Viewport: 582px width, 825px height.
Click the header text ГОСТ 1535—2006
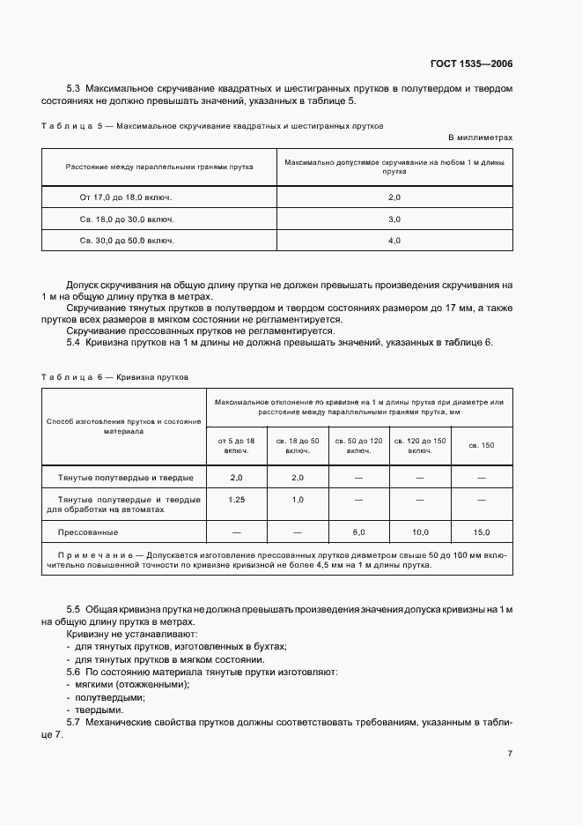click(x=470, y=64)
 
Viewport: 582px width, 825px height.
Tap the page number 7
click(x=510, y=754)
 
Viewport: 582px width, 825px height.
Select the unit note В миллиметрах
click(x=480, y=138)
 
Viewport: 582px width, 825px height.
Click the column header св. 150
click(x=481, y=445)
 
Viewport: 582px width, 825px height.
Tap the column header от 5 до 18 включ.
click(x=236, y=445)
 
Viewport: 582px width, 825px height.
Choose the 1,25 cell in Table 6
click(x=236, y=500)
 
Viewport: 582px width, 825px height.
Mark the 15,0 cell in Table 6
click(x=481, y=532)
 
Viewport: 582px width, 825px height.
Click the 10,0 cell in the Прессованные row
click(x=420, y=532)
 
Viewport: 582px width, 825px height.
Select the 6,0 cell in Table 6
click(x=358, y=532)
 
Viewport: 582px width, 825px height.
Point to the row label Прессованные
click(x=88, y=532)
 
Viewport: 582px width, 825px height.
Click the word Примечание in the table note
click(x=96, y=555)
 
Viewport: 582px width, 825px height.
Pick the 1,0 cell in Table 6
click(x=297, y=500)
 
